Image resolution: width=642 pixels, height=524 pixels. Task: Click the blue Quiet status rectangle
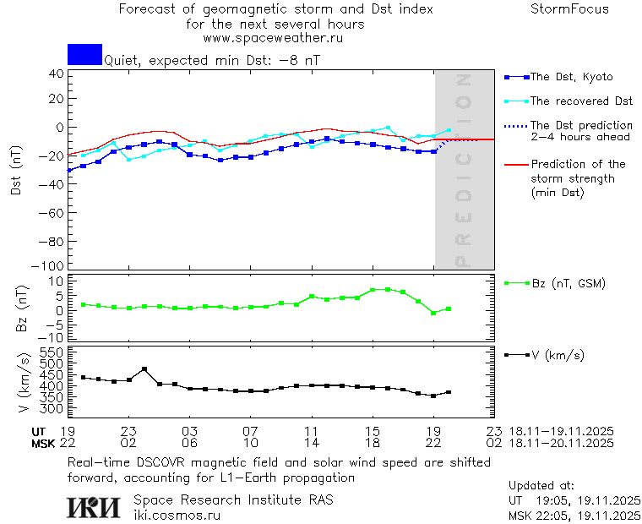click(x=84, y=54)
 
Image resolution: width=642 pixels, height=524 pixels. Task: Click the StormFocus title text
click(x=569, y=10)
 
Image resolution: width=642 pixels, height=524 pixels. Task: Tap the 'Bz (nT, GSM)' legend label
click(x=568, y=283)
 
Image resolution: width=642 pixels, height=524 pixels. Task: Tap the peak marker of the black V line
click(x=144, y=369)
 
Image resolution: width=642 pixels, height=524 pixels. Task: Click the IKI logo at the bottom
click(x=95, y=507)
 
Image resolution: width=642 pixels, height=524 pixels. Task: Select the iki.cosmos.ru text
click(x=177, y=515)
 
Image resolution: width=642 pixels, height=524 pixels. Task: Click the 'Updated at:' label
click(x=541, y=486)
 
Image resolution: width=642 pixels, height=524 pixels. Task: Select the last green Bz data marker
click(x=449, y=309)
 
